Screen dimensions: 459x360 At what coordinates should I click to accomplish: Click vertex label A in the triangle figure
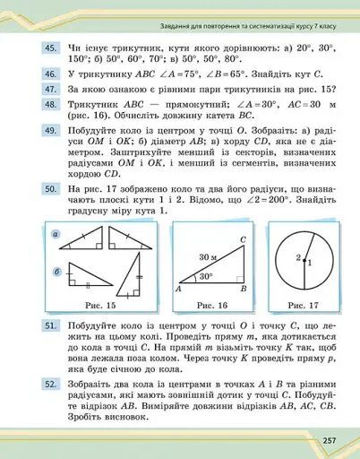[179, 290]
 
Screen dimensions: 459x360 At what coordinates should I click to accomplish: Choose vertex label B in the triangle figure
[244, 290]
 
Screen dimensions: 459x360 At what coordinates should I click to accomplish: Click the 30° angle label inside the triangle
[205, 276]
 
